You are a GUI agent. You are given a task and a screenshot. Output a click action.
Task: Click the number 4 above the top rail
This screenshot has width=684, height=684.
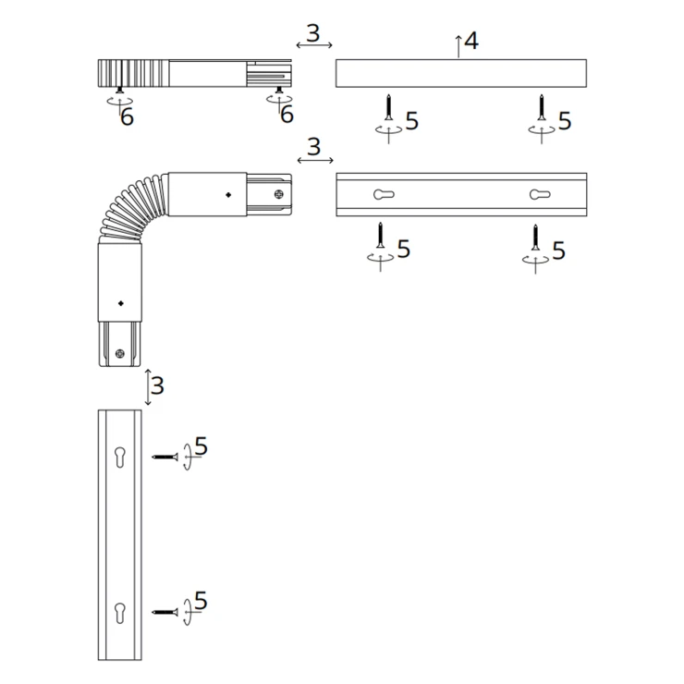click(471, 41)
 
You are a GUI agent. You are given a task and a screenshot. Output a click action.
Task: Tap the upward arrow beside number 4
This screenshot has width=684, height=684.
click(458, 46)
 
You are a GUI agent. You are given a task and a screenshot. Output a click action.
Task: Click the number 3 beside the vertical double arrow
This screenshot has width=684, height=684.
click(157, 385)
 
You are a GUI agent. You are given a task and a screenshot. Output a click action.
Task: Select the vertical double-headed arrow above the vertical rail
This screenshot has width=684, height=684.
click(148, 387)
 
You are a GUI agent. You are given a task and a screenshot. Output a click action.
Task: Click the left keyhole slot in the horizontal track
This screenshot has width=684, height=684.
click(384, 194)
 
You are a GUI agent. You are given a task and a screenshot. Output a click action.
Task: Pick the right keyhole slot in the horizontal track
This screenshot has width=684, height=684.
click(540, 194)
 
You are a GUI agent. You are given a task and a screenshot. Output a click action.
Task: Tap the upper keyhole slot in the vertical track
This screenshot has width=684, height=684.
click(120, 458)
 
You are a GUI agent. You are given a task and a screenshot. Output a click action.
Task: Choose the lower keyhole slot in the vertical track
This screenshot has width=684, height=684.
click(120, 613)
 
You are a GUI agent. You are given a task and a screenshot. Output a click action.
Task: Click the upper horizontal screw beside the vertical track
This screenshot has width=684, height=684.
click(165, 458)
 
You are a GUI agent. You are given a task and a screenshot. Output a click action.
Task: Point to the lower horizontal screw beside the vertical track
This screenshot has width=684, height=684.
click(165, 613)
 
